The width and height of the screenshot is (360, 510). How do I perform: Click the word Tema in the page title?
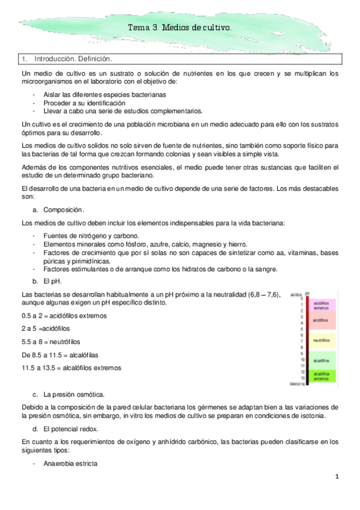138,28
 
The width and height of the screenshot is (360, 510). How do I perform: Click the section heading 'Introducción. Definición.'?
74,60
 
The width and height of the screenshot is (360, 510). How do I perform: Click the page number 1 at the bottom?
338,477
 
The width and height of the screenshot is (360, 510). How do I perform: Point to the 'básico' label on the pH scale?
295,383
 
